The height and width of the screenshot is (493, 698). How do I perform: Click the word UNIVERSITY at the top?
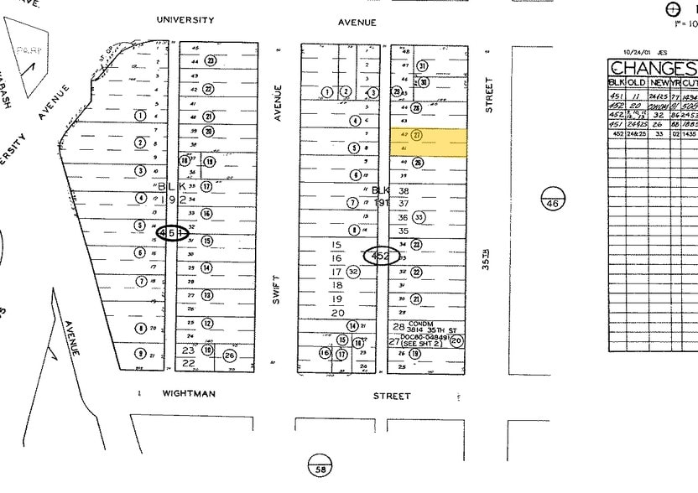click(185, 19)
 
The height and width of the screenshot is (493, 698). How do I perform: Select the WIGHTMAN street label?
click(189, 393)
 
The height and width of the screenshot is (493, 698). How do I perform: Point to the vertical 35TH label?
click(486, 262)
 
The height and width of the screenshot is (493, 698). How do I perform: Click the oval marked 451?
click(173, 233)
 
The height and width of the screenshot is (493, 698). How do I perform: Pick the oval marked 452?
click(381, 257)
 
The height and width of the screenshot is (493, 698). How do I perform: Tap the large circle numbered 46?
click(553, 199)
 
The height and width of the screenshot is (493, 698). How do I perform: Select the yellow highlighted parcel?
click(428, 143)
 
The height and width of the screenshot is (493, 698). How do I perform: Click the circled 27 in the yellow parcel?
click(417, 135)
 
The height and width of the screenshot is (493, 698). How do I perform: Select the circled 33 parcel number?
click(419, 217)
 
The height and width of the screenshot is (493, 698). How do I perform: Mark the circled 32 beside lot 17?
click(353, 271)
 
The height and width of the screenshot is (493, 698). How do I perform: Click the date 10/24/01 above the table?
click(626, 52)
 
